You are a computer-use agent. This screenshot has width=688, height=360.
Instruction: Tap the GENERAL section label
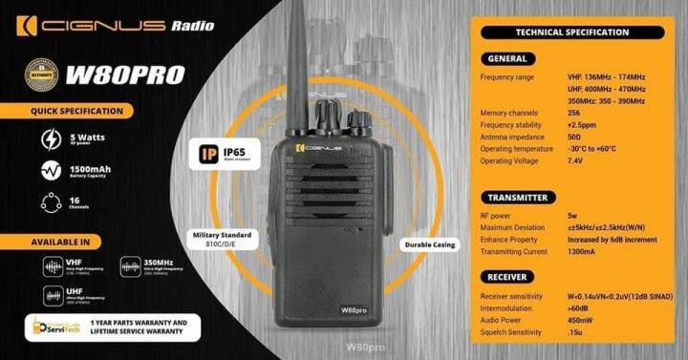tap(515, 58)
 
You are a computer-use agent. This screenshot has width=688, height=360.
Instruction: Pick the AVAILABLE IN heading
tap(59, 241)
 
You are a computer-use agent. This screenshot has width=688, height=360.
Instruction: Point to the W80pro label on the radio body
tap(354, 310)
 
